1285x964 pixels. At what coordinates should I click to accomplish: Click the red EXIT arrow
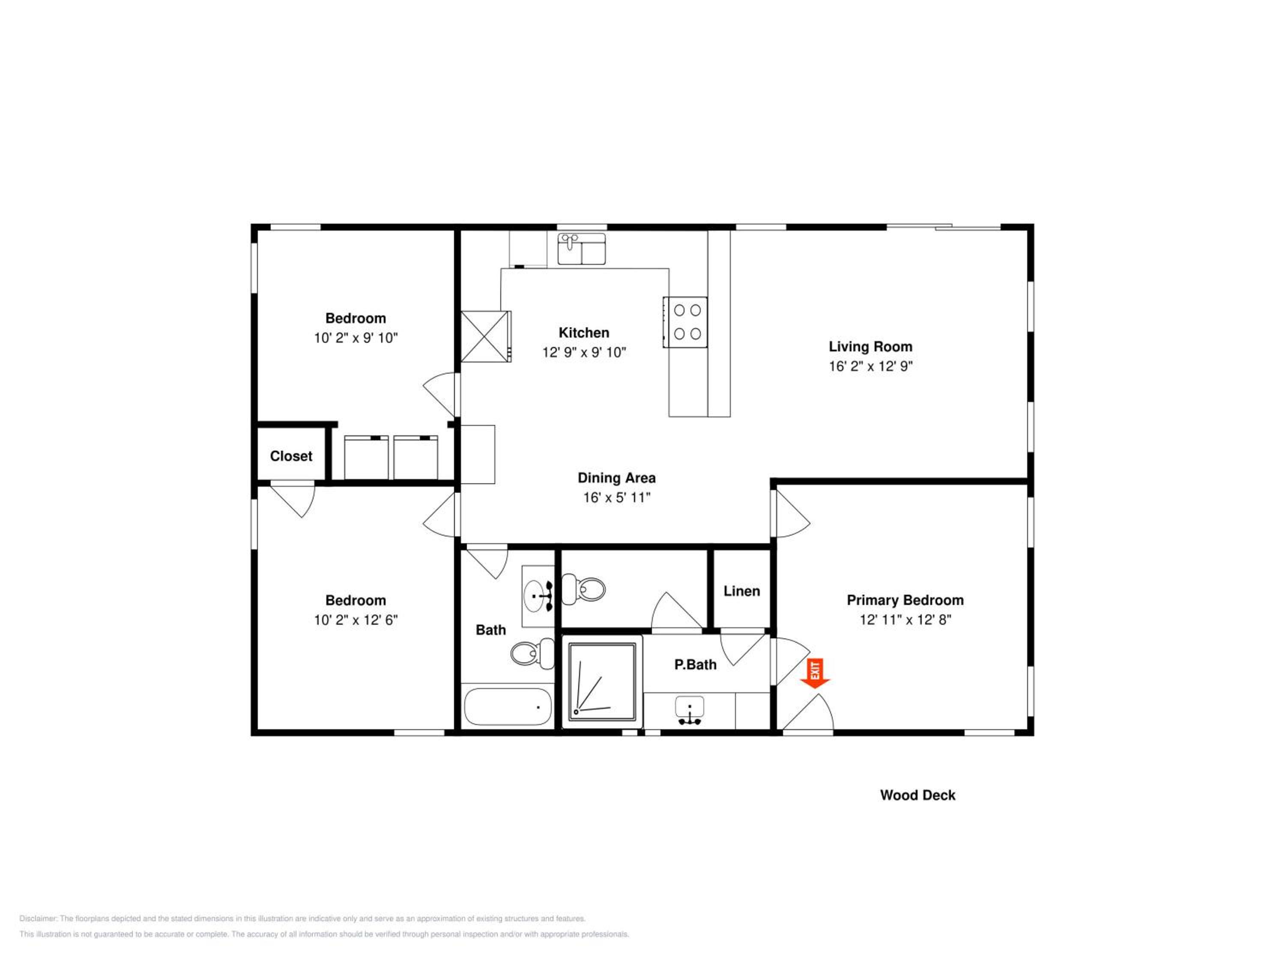(815, 674)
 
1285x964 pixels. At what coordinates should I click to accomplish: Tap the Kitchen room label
(584, 333)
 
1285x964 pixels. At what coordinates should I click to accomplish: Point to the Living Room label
(870, 347)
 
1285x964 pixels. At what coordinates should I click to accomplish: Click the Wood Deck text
(917, 796)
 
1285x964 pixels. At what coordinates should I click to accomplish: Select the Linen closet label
(742, 592)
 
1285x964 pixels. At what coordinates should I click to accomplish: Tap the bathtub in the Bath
(508, 707)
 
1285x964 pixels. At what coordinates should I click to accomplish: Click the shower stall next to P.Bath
(602, 682)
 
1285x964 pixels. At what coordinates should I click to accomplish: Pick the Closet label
(291, 456)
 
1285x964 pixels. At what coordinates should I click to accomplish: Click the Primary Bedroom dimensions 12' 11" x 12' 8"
(905, 620)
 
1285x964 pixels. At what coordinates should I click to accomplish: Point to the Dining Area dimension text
(617, 498)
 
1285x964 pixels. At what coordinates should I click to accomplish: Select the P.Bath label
(695, 665)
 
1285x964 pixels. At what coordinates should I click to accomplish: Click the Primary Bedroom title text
(905, 600)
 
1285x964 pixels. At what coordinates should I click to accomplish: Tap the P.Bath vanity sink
(690, 710)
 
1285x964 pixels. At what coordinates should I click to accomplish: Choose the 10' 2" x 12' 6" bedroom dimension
(356, 620)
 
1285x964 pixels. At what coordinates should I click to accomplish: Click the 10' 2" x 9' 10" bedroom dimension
(356, 338)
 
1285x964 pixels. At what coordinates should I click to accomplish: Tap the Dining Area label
(617, 478)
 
